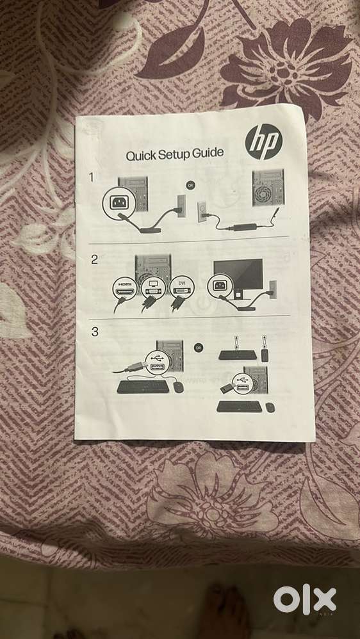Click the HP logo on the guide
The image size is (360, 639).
click(263, 142)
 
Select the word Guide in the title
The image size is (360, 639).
click(209, 153)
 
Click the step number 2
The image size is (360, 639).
click(94, 259)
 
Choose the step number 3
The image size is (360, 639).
click(95, 332)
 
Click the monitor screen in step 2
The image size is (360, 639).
click(238, 274)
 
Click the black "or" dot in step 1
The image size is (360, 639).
click(190, 186)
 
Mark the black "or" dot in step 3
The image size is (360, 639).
click(198, 348)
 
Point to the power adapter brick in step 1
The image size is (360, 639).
click(244, 227)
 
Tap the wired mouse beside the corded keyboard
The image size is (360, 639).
click(178, 387)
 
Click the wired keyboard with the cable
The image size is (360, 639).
click(143, 387)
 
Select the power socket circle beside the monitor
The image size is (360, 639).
click(220, 286)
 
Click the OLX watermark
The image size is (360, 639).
click(305, 600)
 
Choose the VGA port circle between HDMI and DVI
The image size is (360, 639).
click(153, 287)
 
